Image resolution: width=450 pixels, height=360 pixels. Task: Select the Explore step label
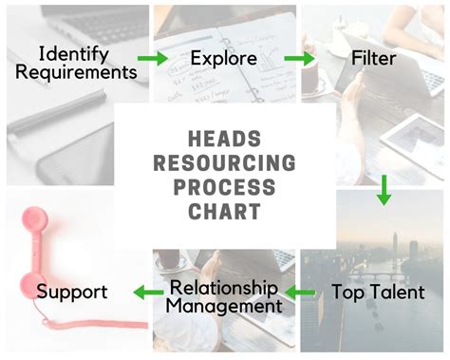point(223,59)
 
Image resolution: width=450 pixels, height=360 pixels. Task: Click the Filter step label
point(373,59)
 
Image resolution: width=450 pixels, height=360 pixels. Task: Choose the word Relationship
point(223,287)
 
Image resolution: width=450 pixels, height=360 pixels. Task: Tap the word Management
point(225,306)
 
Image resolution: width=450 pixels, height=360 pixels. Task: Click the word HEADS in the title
point(225,140)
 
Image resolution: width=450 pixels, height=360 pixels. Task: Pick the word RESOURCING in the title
point(225,161)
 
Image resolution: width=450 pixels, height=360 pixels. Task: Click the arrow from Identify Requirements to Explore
point(151,59)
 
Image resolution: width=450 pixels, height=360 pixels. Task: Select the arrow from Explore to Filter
point(299,59)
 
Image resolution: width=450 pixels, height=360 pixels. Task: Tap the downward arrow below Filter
point(384,190)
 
